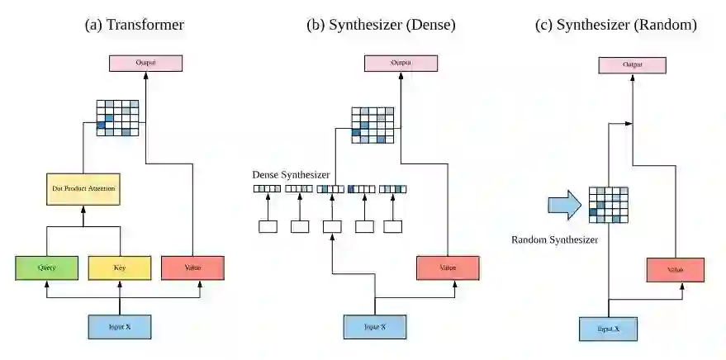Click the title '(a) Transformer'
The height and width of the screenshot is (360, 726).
(135, 25)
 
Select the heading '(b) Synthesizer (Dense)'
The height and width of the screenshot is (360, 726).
(381, 25)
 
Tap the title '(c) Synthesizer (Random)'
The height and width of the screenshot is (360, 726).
(616, 25)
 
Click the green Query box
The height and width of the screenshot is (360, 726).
(46, 268)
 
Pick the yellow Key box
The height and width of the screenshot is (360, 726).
(120, 268)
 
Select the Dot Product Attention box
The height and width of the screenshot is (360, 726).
(83, 189)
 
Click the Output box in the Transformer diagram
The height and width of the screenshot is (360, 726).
(145, 63)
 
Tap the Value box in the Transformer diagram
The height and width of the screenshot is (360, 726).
(193, 268)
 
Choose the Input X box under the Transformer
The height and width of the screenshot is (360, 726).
(120, 327)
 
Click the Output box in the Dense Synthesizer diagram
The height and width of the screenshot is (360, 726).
(400, 63)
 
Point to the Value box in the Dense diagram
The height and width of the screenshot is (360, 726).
(448, 268)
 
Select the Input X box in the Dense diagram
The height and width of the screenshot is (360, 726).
(375, 327)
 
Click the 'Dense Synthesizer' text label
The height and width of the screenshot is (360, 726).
(292, 175)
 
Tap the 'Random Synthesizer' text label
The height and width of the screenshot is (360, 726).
(554, 239)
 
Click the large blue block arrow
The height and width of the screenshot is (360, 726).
(564, 204)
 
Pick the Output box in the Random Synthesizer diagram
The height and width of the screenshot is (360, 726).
(632, 64)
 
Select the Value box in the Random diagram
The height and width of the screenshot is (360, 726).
(675, 270)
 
